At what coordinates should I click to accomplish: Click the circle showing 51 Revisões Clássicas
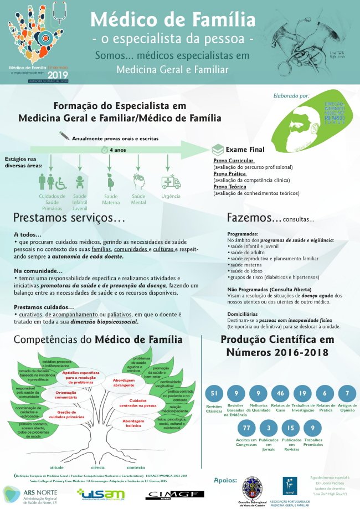[x=214, y=394]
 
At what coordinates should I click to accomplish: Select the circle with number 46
[x=280, y=394]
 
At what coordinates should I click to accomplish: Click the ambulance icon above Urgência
[x=167, y=182]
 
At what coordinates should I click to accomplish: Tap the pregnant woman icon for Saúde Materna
[x=110, y=182]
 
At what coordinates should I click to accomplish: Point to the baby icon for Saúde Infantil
[x=80, y=182]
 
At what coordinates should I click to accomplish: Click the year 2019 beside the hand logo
[x=57, y=75]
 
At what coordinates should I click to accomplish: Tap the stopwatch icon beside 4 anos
[x=104, y=150]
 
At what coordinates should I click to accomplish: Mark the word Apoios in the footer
[x=225, y=480]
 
